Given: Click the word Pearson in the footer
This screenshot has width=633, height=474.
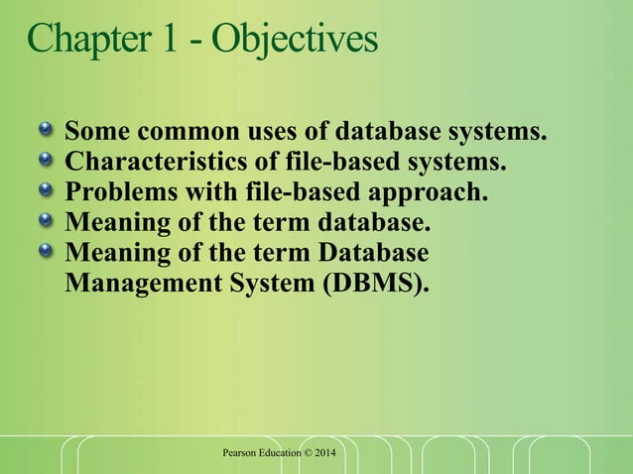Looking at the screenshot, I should tap(244, 453).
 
